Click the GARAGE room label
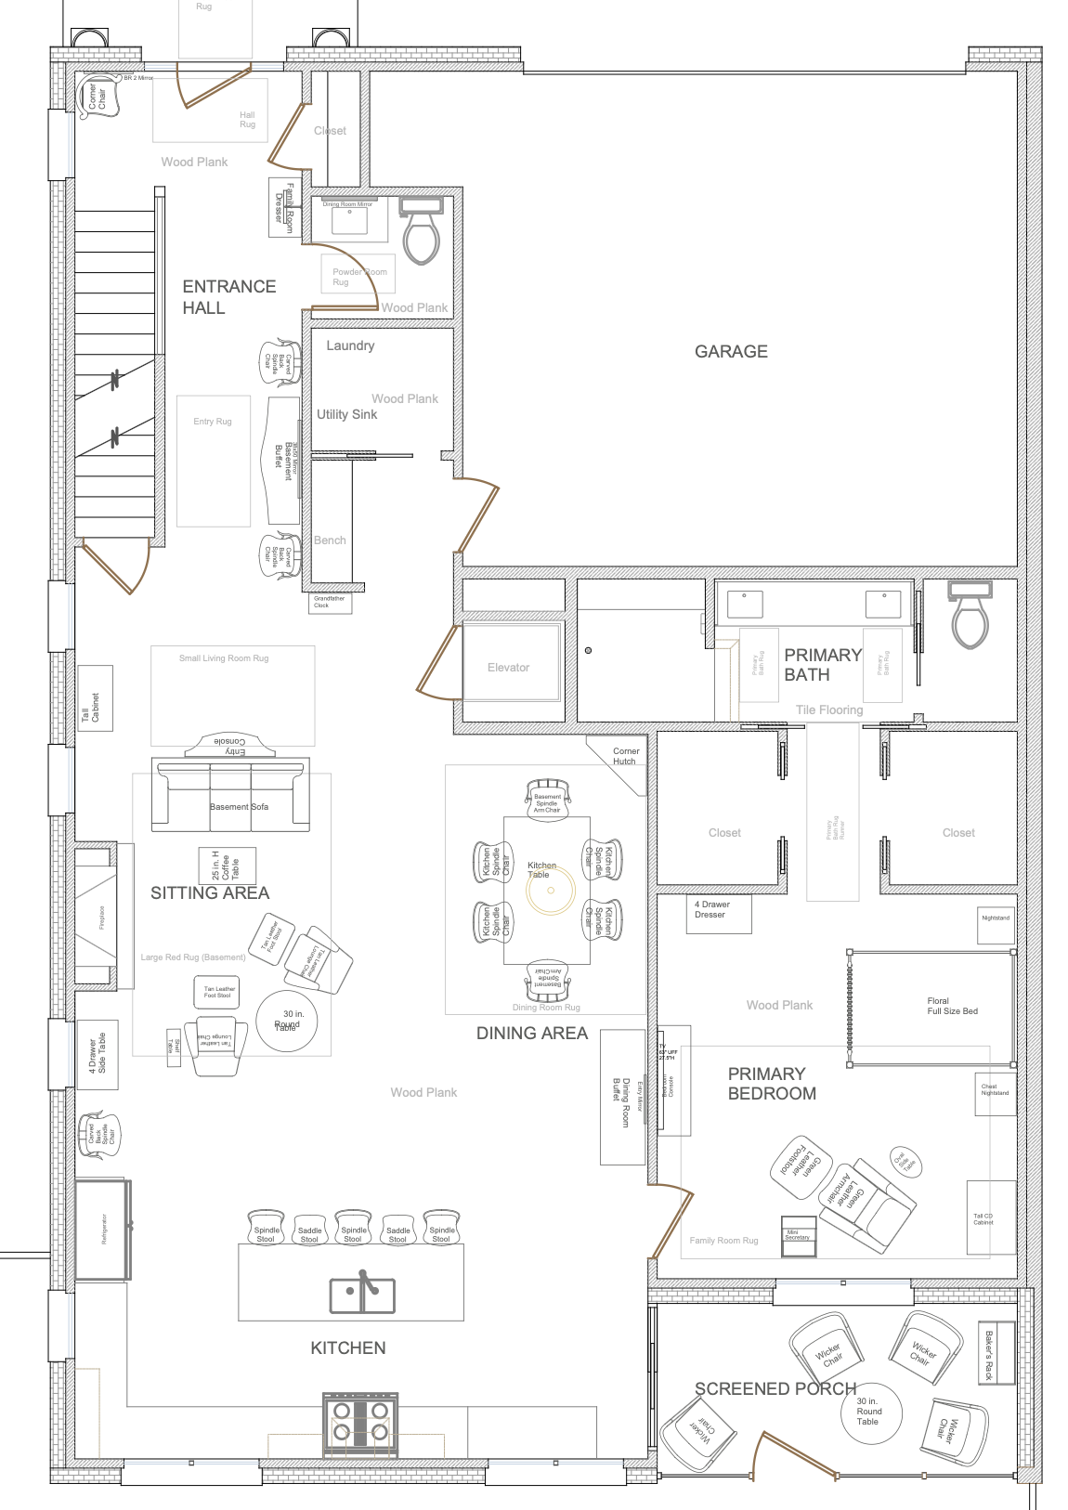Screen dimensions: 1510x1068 [731, 351]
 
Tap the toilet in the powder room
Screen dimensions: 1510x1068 [421, 231]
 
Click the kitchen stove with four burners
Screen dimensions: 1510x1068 [360, 1424]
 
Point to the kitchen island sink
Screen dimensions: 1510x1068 [362, 1294]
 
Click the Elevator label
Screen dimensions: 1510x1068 [508, 668]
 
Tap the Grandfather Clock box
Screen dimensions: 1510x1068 [330, 603]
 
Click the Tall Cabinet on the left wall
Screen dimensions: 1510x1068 [95, 697]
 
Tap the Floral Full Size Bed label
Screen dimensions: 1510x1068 [951, 1007]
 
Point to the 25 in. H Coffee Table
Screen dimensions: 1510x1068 [227, 866]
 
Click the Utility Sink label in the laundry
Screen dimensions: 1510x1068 [346, 414]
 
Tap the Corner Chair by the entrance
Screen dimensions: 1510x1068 [94, 97]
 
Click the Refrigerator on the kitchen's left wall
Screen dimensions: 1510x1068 [102, 1229]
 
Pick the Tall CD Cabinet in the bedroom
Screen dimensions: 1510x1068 [984, 1218]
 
